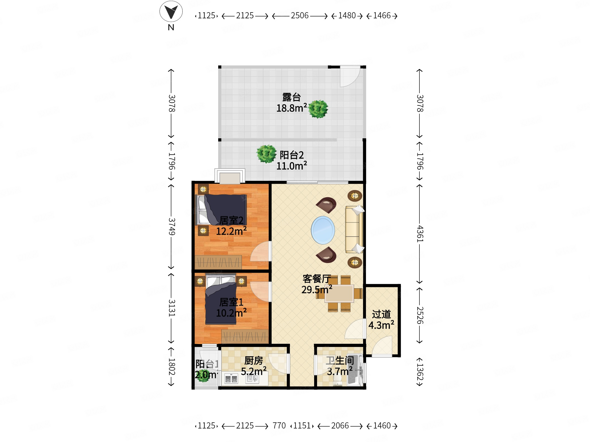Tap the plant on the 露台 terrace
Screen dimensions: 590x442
(x=318, y=109)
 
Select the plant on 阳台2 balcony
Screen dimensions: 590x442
(x=266, y=154)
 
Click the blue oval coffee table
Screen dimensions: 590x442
(x=323, y=230)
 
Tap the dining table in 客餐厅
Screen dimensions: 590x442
(x=339, y=294)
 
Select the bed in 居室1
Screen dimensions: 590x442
(x=221, y=299)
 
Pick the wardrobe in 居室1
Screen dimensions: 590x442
(x=245, y=337)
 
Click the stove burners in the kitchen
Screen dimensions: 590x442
(x=231, y=379)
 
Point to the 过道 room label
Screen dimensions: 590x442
(x=381, y=314)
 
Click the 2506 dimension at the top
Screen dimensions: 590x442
(x=300, y=16)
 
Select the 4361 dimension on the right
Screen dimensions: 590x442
(x=420, y=234)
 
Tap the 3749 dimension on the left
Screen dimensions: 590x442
(x=171, y=226)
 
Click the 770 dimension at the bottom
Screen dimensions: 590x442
(x=279, y=426)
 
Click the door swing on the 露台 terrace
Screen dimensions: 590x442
(x=350, y=76)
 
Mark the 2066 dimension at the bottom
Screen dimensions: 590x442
(x=340, y=426)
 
